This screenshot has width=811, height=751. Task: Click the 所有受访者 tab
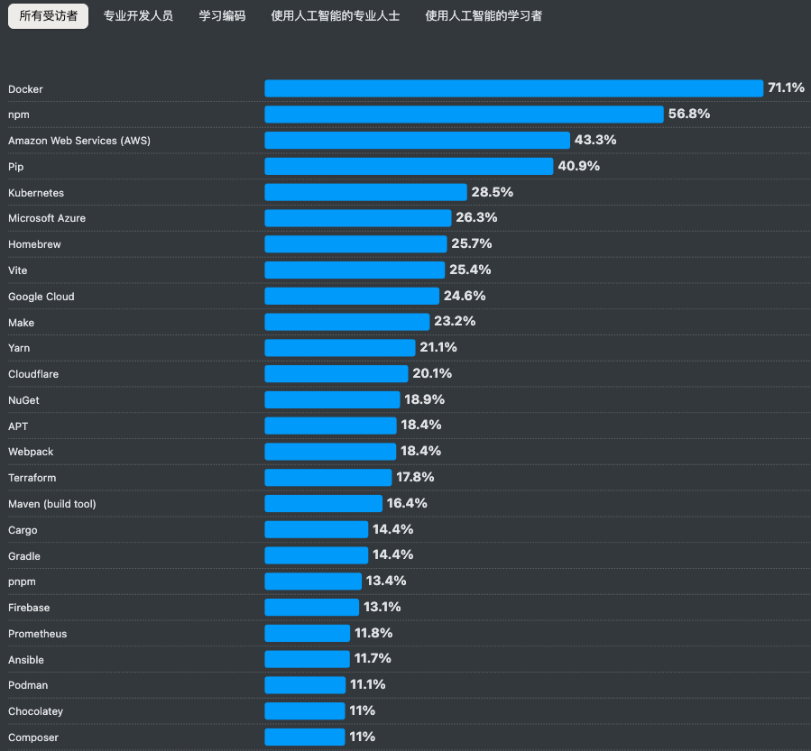[48, 16]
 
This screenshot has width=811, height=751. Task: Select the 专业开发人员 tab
[138, 16]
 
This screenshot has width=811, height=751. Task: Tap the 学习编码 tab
[222, 16]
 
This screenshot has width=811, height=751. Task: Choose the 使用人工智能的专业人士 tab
[336, 16]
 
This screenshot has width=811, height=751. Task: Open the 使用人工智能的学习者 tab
[484, 16]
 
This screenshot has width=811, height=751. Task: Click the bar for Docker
[513, 88]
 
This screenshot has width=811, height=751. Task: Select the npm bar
[464, 114]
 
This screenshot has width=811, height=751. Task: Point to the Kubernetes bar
[365, 192]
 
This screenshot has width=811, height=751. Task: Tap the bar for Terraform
[327, 478]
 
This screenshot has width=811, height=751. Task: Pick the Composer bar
[305, 737]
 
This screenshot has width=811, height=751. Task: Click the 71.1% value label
[786, 87]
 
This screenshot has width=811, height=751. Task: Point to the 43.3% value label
[595, 140]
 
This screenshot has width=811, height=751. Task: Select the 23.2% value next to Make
[455, 322]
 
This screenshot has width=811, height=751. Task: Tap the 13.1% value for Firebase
[382, 607]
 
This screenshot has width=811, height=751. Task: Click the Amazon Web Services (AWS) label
[79, 141]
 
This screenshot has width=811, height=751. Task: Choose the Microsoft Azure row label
[47, 218]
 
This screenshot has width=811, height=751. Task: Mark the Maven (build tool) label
[52, 504]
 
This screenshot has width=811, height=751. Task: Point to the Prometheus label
[37, 634]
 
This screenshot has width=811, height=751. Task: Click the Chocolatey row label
[36, 711]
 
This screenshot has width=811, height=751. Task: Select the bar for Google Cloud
[352, 296]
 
